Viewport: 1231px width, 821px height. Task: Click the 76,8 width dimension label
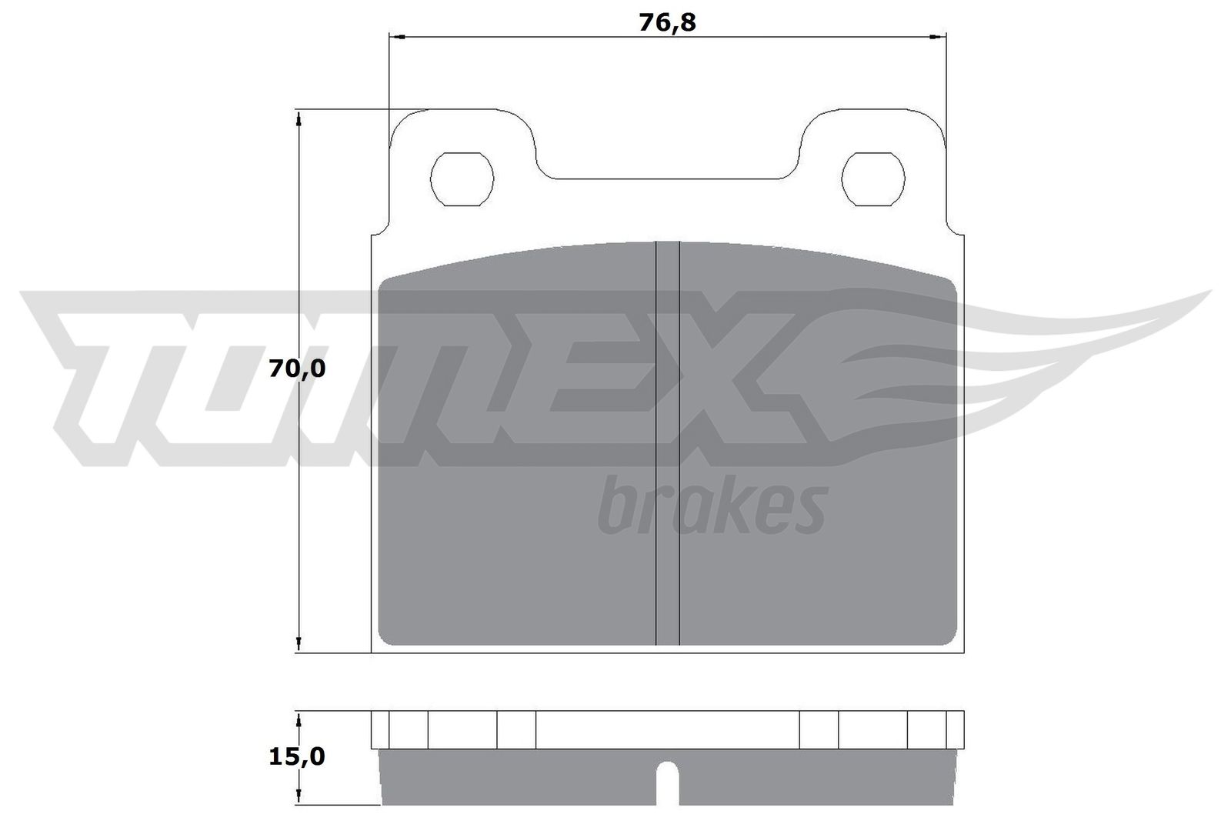667,22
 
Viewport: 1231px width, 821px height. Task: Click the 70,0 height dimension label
297,369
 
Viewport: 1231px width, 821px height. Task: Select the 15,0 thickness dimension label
297,756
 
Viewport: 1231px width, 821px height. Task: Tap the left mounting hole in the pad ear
462,179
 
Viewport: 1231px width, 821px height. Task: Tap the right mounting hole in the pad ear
873,179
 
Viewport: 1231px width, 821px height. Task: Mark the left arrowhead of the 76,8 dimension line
396,36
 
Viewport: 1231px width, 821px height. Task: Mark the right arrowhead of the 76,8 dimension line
939,36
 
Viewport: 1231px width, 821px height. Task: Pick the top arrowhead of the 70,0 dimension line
297,116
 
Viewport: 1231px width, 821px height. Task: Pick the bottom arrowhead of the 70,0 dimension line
297,646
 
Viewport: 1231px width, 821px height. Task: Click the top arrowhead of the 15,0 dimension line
297,717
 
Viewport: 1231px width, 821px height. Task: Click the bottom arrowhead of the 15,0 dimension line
297,799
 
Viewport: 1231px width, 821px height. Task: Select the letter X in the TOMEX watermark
739,377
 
